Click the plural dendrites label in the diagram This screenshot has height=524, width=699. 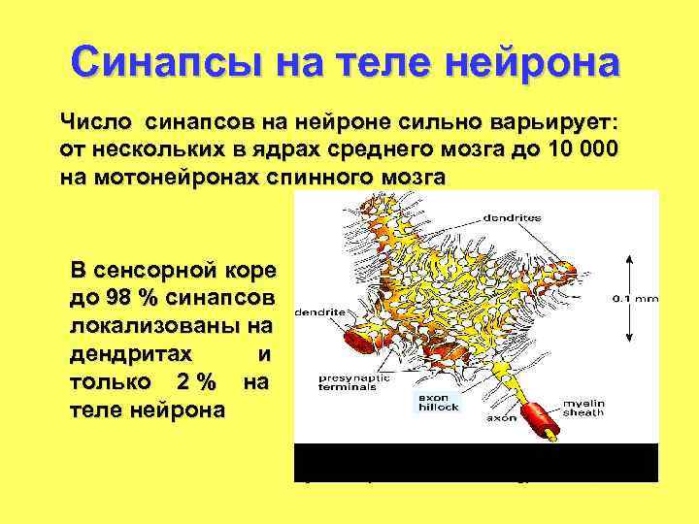pyautogui.click(x=514, y=218)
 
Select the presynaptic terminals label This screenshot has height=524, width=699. pyautogui.click(x=348, y=381)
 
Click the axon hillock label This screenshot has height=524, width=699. pyautogui.click(x=438, y=402)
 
